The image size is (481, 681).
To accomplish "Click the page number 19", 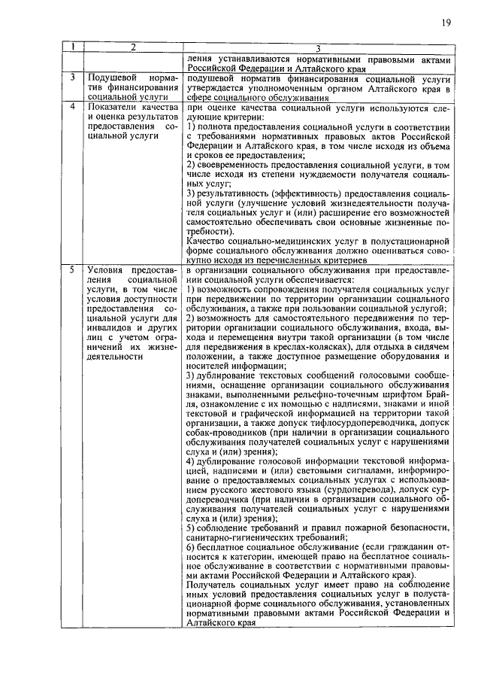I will tap(446, 23).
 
